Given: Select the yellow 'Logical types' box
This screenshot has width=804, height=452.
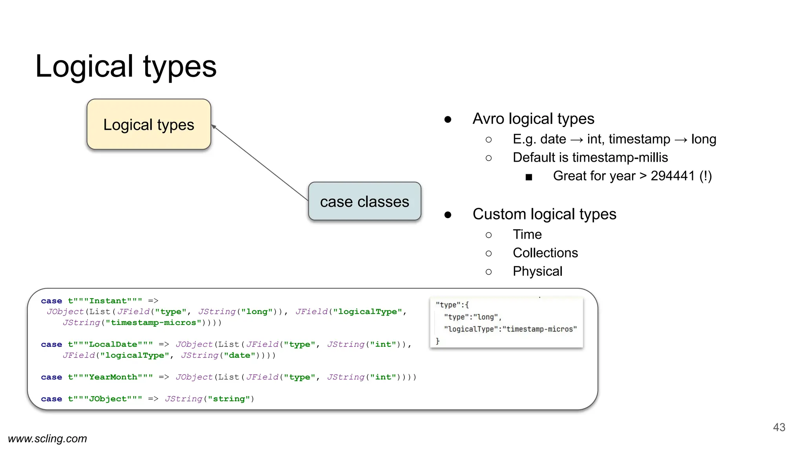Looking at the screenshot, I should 149,124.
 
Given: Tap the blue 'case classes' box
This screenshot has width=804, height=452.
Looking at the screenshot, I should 364,201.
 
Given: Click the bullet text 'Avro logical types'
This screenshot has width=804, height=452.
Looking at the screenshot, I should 533,118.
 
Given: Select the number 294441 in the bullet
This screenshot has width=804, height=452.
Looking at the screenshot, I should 672,176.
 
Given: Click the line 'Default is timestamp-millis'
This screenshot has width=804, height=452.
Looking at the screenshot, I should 590,157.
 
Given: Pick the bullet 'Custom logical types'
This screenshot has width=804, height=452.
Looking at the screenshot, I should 544,214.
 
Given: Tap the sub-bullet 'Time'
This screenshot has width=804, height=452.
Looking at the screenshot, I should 527,234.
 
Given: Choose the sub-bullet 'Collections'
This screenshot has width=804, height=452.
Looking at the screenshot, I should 545,253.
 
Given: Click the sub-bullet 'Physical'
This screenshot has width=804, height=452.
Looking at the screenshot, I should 537,271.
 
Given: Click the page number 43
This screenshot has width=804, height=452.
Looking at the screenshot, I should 779,427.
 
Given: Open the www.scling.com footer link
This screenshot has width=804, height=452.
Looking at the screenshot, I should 48,439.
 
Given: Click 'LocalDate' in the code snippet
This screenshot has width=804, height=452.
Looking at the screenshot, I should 113,344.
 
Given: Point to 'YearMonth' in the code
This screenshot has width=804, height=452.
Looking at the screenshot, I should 113,377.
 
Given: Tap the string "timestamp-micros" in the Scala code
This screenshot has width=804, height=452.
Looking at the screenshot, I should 153,323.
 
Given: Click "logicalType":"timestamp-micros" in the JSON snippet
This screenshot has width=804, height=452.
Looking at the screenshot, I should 510,329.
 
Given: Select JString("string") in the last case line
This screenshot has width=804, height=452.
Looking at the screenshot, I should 209,399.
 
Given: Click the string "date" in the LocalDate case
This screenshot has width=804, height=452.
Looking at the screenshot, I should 239,355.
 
